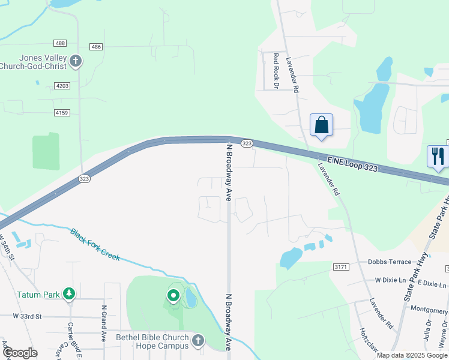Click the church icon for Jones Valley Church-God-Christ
coord(76,61)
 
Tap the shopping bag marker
coord(322,125)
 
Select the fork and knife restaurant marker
coord(438,156)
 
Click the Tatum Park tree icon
coord(70,294)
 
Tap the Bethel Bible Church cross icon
coord(198,341)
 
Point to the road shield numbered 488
coord(59,43)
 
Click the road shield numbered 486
coord(95,47)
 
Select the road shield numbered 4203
coord(62,86)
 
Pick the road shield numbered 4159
coord(62,113)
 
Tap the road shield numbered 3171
coord(340,266)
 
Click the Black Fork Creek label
coord(95,245)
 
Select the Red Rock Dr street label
coord(276,71)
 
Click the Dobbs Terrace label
coord(390,262)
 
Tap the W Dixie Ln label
coord(394,280)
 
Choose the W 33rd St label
coord(27,316)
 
